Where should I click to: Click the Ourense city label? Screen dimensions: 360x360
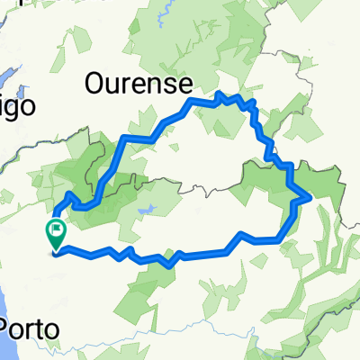(139, 85)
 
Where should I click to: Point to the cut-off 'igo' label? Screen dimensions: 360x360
(15, 106)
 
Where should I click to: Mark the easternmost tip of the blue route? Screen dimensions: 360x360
(310, 196)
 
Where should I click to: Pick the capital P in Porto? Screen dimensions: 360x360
(9, 329)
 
